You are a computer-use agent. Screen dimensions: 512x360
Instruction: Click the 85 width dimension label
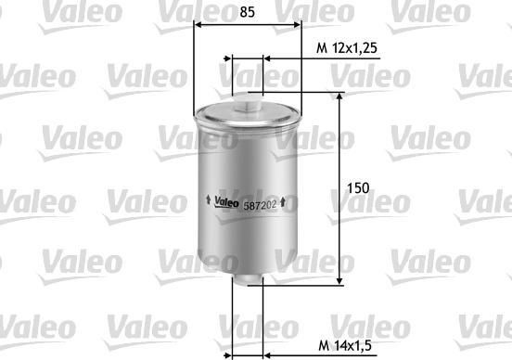pyautogui.click(x=247, y=12)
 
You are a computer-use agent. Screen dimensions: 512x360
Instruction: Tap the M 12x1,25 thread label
pyautogui.click(x=347, y=48)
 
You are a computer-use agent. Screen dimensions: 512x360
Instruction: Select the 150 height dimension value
pyautogui.click(x=358, y=187)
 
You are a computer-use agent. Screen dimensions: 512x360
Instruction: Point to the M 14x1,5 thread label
pyautogui.click(x=345, y=346)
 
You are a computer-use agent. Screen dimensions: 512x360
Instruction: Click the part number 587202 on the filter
pyautogui.click(x=260, y=205)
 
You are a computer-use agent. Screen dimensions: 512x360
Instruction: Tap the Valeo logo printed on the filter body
pyautogui.click(x=226, y=202)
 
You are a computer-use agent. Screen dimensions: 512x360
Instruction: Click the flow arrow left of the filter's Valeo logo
pyautogui.click(x=208, y=199)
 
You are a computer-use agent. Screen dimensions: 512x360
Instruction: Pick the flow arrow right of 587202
pyautogui.click(x=283, y=202)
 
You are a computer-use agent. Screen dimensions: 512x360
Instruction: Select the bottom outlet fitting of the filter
pyautogui.click(x=247, y=279)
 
